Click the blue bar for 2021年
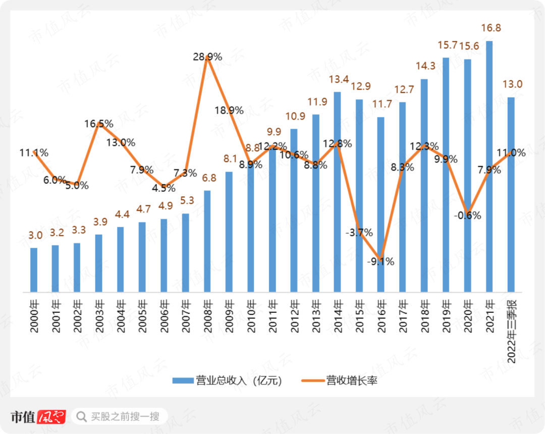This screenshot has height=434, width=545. coord(489,167)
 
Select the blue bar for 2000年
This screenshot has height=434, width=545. coord(34,270)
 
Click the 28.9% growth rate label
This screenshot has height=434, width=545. coord(207,57)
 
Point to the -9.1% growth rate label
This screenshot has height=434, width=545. coord(381,261)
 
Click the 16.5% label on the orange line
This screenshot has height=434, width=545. coord(99,124)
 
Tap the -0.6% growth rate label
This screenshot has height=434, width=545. coord(467,215)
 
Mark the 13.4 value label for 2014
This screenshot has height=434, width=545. coord(337,79)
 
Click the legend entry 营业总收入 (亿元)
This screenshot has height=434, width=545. coord(227,381)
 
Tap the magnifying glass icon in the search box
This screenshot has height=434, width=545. coord(81,416)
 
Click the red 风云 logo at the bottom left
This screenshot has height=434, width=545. coord(52,416)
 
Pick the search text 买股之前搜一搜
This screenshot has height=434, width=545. coord(125,416)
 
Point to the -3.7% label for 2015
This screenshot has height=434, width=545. coord(359,233)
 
